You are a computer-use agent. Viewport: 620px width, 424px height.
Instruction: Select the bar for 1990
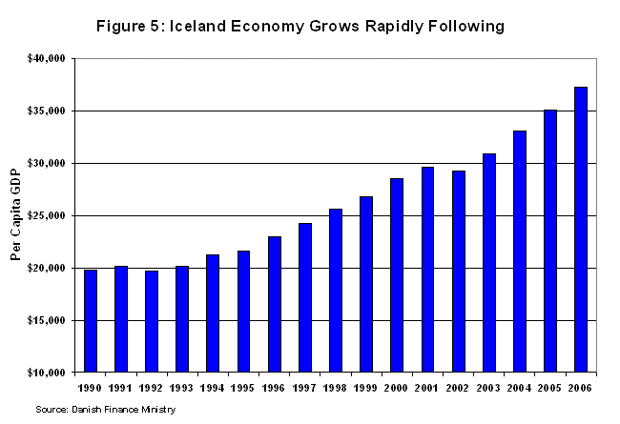91,321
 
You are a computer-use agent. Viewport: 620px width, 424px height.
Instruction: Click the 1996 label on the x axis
274,388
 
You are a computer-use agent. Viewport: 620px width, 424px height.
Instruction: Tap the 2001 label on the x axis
427,388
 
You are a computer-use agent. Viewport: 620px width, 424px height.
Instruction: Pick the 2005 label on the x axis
550,388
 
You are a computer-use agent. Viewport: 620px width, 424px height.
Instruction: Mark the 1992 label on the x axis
152,388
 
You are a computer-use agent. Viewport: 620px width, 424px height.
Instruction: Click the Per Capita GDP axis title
16,216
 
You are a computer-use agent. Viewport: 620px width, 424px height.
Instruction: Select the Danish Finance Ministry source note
106,409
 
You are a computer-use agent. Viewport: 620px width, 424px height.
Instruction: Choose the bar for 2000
397,275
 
